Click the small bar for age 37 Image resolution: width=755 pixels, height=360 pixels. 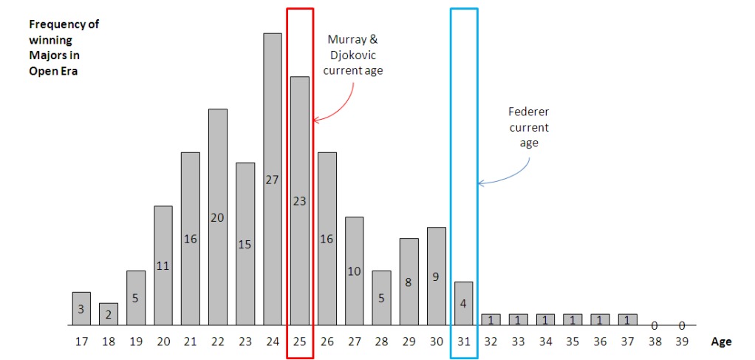click(627, 319)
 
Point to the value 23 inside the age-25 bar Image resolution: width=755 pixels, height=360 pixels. click(299, 200)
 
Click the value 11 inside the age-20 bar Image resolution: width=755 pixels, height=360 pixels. click(163, 265)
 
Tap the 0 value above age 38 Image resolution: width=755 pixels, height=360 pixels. click(655, 325)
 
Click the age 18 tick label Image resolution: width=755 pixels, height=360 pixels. click(109, 342)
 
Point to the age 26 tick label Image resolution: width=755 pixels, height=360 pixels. click(327, 342)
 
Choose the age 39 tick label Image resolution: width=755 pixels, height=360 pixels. click(682, 342)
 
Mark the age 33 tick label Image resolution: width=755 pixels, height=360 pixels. click(518, 342)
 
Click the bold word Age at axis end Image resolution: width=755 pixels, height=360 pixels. click(721, 342)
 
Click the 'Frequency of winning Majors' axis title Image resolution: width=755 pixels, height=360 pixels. click(64, 47)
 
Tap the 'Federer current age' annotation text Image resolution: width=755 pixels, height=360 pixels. click(529, 127)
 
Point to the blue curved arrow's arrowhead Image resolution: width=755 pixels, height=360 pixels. click(480, 183)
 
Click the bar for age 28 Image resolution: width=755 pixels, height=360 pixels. click(381, 297)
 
